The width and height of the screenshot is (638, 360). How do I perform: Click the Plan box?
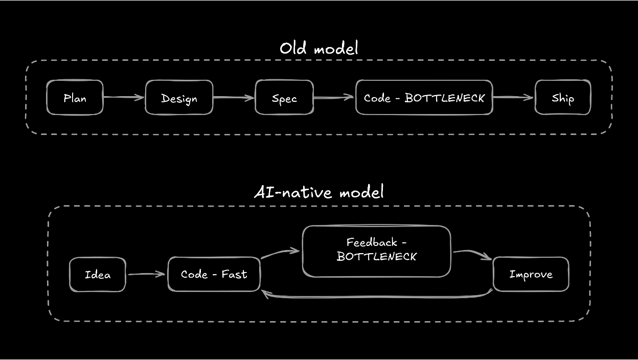point(75,98)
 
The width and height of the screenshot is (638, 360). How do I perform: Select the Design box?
point(179,98)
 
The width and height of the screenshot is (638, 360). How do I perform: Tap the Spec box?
point(284,98)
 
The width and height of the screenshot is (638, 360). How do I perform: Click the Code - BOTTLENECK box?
point(424,98)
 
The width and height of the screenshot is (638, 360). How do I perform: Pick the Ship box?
point(562,98)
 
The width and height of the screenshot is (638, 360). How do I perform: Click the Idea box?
point(97,275)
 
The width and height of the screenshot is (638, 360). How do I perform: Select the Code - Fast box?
point(214,275)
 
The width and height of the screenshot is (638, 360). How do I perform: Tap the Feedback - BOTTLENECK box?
point(376,251)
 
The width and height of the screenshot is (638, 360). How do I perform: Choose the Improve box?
point(531,275)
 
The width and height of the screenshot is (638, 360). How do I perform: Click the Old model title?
point(318,49)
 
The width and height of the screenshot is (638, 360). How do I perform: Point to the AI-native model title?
point(318,192)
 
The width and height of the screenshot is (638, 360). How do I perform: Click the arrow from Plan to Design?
point(124,97)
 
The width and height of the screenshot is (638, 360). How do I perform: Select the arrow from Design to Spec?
point(234,97)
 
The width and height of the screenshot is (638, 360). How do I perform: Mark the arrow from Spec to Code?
point(334,97)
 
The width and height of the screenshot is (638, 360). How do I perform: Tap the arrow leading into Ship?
point(513,97)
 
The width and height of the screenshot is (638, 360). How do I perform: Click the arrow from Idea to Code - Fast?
point(146,274)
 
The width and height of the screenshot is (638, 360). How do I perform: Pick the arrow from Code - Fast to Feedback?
point(280,253)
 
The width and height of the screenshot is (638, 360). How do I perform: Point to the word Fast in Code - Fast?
point(234,275)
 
